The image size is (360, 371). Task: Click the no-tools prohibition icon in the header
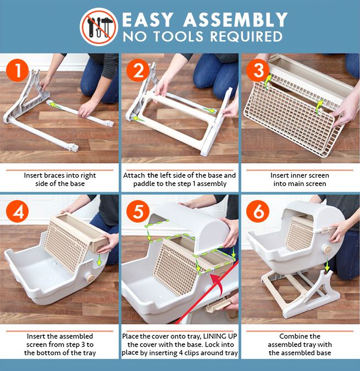99,26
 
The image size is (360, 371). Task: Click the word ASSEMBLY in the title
236,20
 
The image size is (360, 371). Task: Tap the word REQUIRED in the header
246,36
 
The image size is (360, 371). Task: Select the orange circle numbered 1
18,70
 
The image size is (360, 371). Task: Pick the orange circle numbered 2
137,70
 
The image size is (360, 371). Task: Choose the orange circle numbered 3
258,70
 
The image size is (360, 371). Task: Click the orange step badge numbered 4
18,211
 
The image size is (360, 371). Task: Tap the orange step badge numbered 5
137,211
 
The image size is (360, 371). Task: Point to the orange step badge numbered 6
258,211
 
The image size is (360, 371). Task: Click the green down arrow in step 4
99,260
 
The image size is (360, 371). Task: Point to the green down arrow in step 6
327,264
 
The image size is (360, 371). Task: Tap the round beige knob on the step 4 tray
90,276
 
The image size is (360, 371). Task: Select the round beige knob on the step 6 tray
328,250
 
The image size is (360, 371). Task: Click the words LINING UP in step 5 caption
220,336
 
